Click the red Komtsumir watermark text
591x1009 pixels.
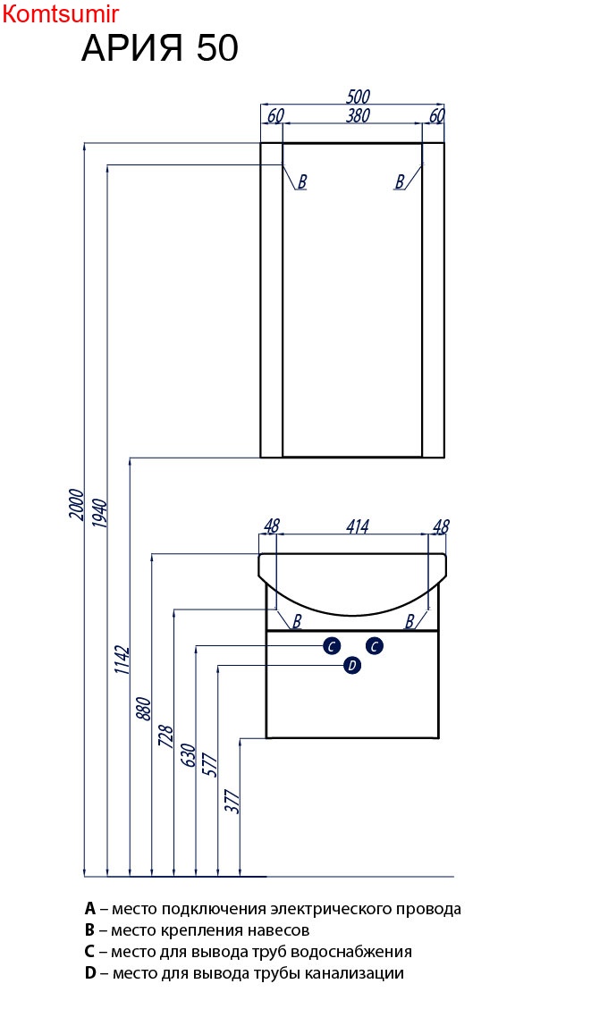coord(61,13)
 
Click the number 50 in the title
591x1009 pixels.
coord(217,47)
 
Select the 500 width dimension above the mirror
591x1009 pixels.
coord(358,97)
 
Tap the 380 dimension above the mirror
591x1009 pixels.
coord(358,115)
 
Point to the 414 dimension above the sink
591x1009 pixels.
coord(358,526)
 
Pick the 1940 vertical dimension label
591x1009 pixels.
coord(100,513)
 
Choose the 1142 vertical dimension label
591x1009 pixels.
coord(122,660)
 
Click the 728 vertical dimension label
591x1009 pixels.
coord(165,736)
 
